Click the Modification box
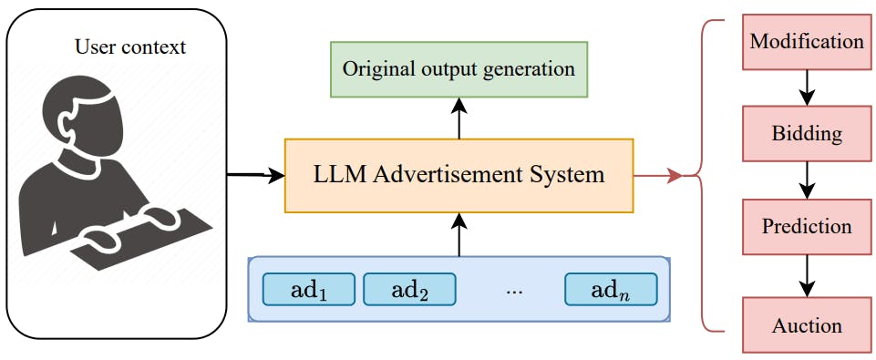[x=806, y=43]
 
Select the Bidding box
[x=806, y=135]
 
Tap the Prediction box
[x=806, y=226]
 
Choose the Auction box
[x=806, y=325]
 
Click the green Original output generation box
[x=459, y=69]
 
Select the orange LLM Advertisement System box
[x=459, y=175]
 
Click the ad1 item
[x=308, y=290]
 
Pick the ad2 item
[x=408, y=290]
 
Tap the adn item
[x=610, y=290]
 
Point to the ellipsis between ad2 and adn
[x=513, y=291]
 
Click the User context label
[x=129, y=47]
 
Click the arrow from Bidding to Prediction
[x=806, y=180]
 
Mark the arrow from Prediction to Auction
[x=806, y=274]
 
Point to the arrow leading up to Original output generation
[x=459, y=118]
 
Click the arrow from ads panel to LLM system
[x=459, y=234]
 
